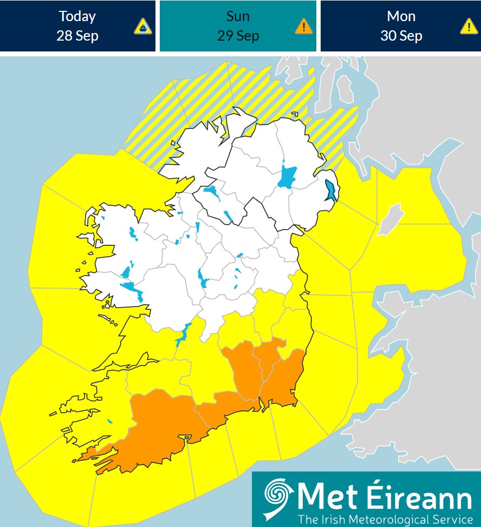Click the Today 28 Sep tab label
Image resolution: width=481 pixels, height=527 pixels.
tap(77, 26)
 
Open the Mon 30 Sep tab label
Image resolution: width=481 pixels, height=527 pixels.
tap(401, 26)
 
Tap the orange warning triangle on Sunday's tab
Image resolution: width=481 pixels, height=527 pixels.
tap(304, 26)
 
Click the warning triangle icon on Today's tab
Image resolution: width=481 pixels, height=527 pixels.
tap(143, 26)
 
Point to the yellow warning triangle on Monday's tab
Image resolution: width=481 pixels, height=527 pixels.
tap(469, 26)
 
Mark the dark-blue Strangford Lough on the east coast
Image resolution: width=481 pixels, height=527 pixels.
tap(330, 191)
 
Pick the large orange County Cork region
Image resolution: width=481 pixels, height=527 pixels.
tap(157, 428)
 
